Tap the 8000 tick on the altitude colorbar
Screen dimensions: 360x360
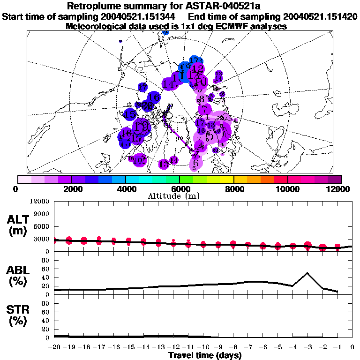coord(233,189)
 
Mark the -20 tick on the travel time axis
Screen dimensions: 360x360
coord(55,347)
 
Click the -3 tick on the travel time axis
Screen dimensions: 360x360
coord(307,347)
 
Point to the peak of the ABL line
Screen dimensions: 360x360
coord(307,273)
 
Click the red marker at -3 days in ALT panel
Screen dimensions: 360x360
coord(307,245)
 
